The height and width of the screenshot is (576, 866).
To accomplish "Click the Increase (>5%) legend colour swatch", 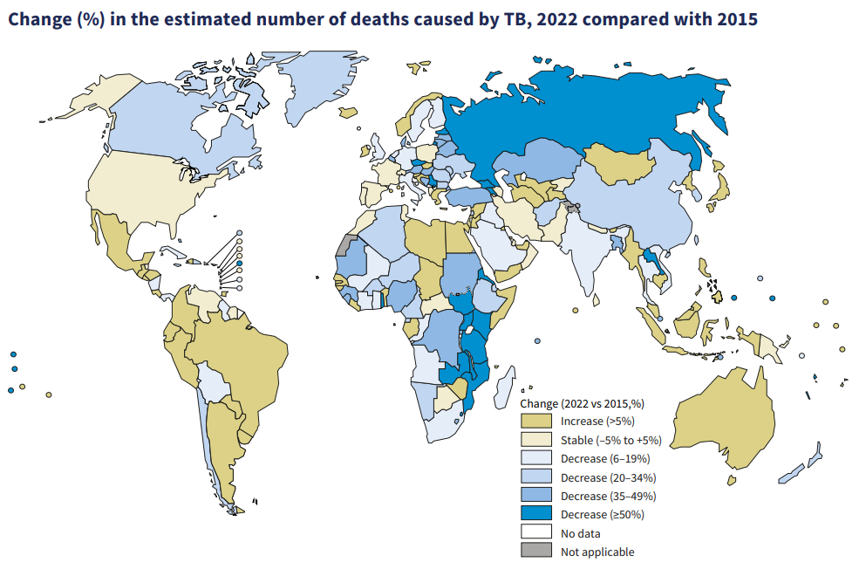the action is [x=535, y=422].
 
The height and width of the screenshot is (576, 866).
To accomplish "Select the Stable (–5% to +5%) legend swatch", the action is [x=535, y=440].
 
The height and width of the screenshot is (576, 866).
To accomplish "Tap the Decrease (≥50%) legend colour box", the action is [x=535, y=514].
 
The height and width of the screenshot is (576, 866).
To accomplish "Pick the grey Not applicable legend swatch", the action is [x=535, y=551].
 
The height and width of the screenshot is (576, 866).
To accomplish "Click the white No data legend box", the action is [x=535, y=533].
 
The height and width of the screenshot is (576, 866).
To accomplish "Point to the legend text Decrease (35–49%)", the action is [x=608, y=496].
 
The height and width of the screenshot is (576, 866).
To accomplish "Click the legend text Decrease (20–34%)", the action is [x=608, y=477].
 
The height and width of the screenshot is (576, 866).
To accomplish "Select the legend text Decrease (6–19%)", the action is [x=605, y=459].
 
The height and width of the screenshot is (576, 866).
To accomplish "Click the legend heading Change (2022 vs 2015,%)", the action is [x=582, y=403].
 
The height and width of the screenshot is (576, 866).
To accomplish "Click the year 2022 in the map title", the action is [x=556, y=19].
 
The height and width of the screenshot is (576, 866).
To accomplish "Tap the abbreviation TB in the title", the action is [x=517, y=19].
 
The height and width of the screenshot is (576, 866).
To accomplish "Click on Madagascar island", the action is [x=505, y=387].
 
